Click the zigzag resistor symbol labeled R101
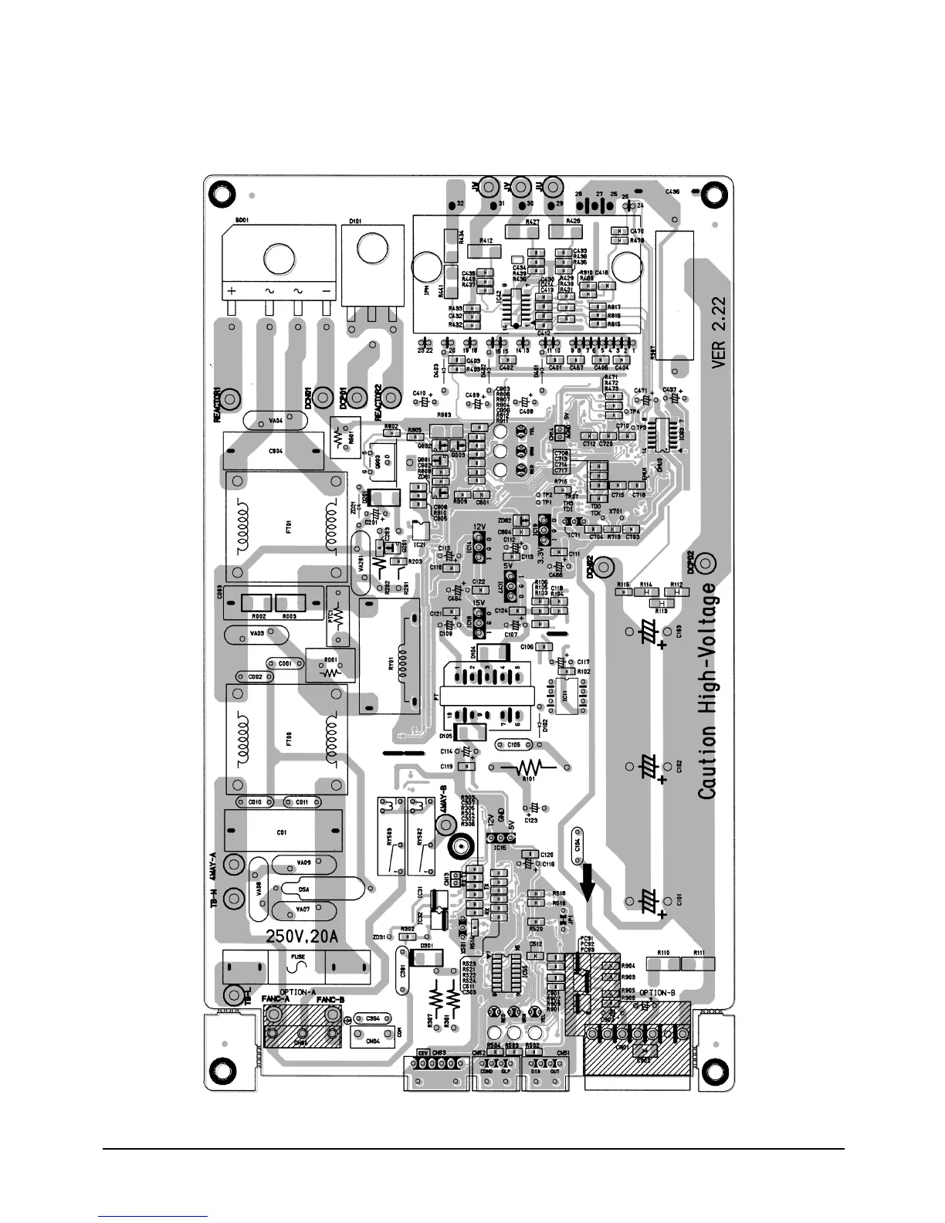click(x=528, y=767)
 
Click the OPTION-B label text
click(x=657, y=993)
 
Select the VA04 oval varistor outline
click(x=275, y=421)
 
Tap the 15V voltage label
click(x=479, y=603)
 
